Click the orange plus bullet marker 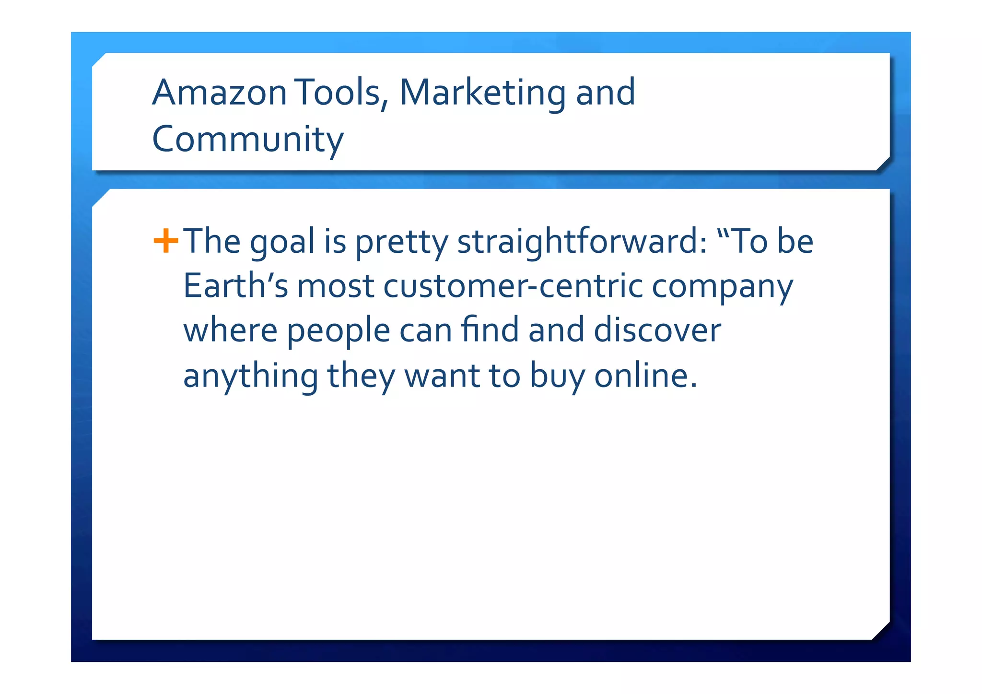pyautogui.click(x=165, y=241)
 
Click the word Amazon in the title pyautogui.click(x=219, y=92)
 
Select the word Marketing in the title pyautogui.click(x=482, y=92)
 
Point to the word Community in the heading pyautogui.click(x=247, y=139)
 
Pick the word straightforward pyautogui.click(x=582, y=242)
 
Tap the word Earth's pyautogui.click(x=235, y=286)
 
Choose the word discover pyautogui.click(x=657, y=330)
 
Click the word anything pyautogui.click(x=250, y=376)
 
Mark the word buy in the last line pyautogui.click(x=557, y=376)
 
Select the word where pyautogui.click(x=230, y=330)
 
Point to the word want pyautogui.click(x=442, y=376)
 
